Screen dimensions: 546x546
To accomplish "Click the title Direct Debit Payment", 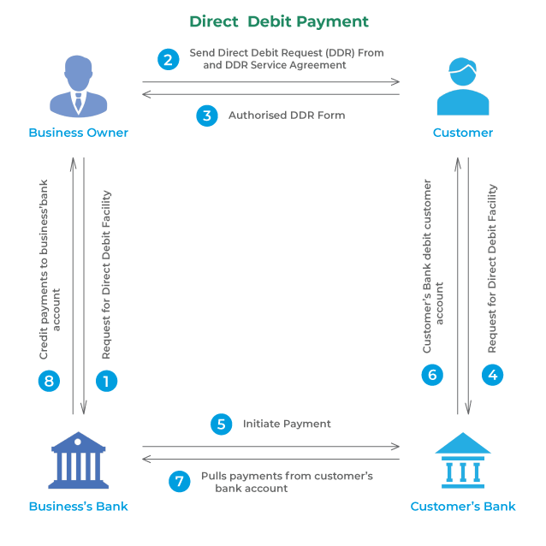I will pos(279,21).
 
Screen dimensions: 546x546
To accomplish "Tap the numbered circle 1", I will pos(105,381).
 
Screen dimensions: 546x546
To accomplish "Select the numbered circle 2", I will pos(169,59).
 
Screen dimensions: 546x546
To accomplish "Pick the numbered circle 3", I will pos(207,116).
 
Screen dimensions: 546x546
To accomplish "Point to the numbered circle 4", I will pos(492,374).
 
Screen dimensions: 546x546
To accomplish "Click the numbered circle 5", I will pos(222,424).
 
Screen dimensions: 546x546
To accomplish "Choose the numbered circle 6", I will pos(432,374).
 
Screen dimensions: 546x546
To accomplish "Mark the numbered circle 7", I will pos(179,482).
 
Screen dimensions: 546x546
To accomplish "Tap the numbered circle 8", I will pos(50,381).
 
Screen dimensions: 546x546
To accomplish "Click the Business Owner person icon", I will pos(78,86).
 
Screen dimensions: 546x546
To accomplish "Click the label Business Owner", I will pos(78,133).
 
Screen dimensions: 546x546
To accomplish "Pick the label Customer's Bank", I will pos(463,506).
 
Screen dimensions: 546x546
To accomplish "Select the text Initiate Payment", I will pos(287,424).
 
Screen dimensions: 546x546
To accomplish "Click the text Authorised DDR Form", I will pos(287,116).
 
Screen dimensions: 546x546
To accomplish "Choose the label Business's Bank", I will pos(78,506).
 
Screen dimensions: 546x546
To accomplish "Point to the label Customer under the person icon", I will pos(463,133).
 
